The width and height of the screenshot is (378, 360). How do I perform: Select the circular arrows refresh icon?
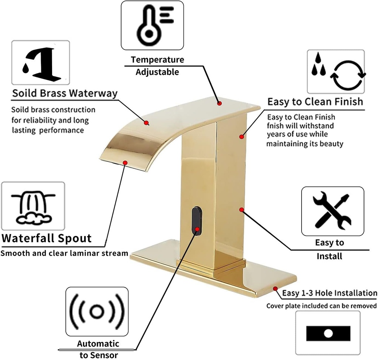point(347,76)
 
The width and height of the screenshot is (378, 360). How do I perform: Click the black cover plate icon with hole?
point(328,333)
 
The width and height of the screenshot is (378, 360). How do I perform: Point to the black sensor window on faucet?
point(197,220)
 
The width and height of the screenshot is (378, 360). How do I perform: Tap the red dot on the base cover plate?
point(275,289)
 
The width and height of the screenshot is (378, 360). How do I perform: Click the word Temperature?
point(157,60)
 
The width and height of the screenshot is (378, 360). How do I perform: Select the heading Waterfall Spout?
point(47,238)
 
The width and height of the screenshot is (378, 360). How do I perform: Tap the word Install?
point(329,256)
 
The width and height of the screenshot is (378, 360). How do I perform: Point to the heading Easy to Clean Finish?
point(315,102)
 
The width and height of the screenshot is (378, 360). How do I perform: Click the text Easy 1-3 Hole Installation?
point(330,293)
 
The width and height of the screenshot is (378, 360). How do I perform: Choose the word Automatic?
point(98,344)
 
